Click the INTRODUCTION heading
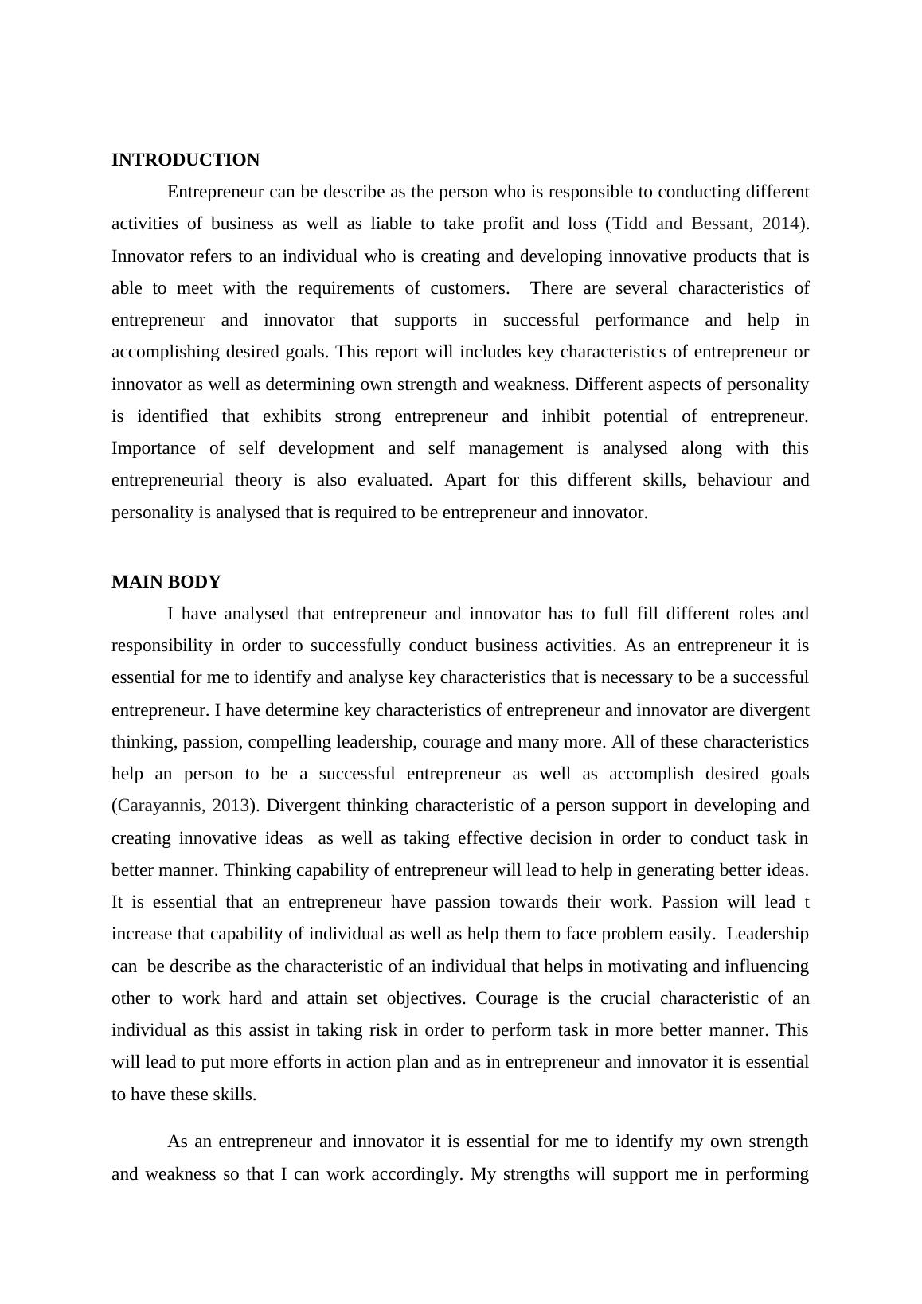pyautogui.click(x=186, y=160)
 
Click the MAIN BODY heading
pyautogui.click(x=166, y=582)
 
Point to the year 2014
pyautogui.click(x=780, y=224)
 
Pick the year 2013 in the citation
pyautogui.click(x=231, y=806)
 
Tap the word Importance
pyautogui.click(x=153, y=448)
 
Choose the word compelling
pyautogui.click(x=290, y=742)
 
